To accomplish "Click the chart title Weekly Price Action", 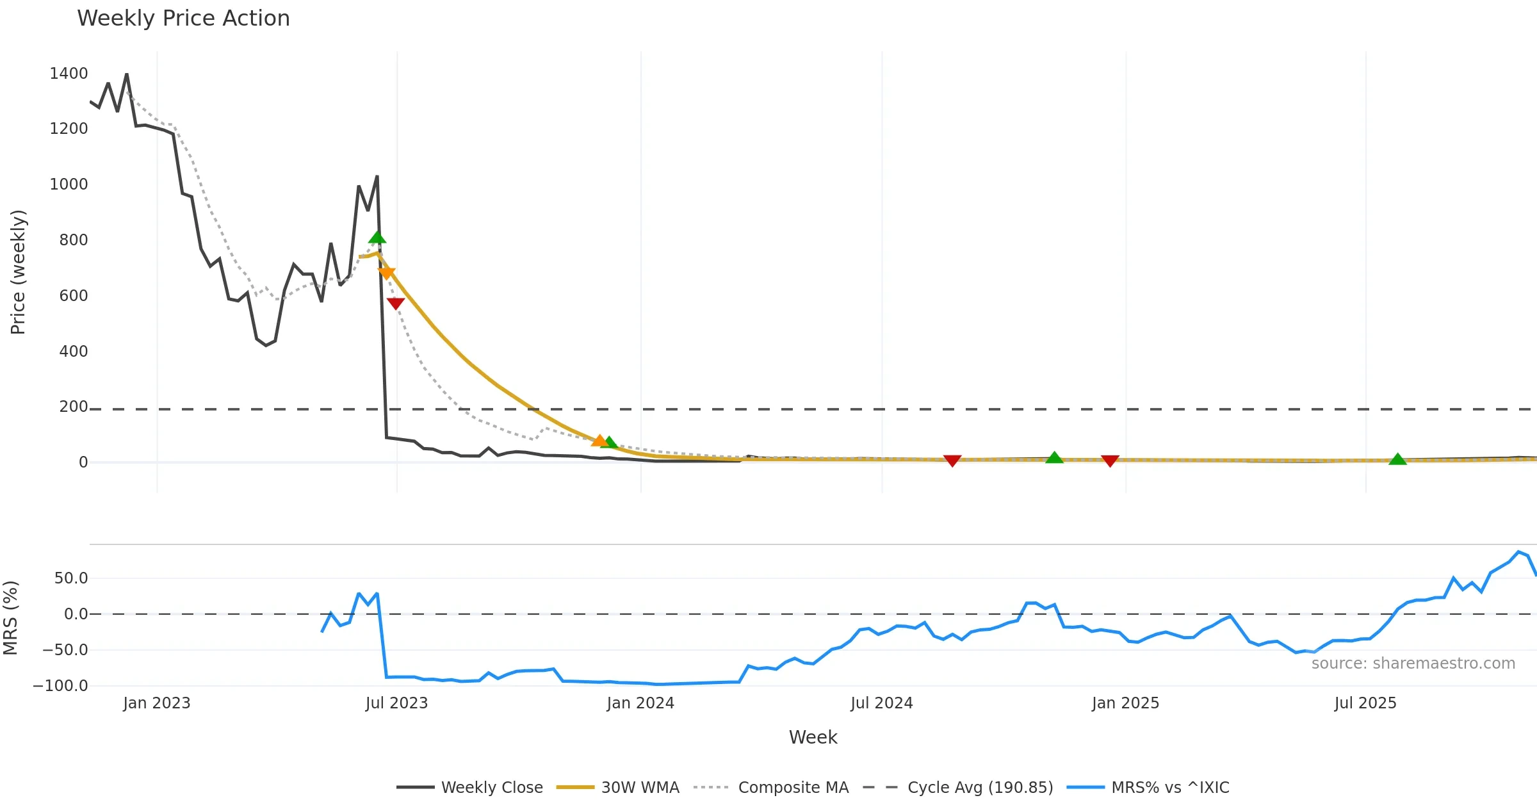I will click(x=183, y=19).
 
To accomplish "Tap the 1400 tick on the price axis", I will click(x=69, y=74).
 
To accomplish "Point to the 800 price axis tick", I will click(x=73, y=240).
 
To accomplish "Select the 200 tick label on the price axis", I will click(x=73, y=407).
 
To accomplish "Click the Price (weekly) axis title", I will click(x=18, y=272).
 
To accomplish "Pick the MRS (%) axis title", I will click(x=10, y=617).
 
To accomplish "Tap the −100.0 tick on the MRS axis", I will click(x=60, y=686).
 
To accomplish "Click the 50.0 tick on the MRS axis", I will click(x=70, y=578).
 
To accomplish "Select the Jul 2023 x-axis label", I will click(x=396, y=703).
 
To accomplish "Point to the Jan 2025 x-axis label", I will click(x=1125, y=703).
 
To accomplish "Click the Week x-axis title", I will click(x=813, y=737).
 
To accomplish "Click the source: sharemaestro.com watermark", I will click(x=1413, y=664).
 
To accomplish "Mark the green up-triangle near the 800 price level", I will click(x=377, y=238).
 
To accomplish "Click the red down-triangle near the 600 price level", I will click(x=396, y=303).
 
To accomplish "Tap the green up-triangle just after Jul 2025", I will click(x=1397, y=459).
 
